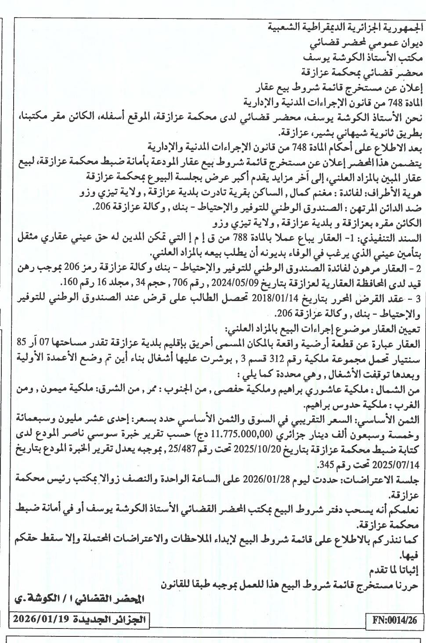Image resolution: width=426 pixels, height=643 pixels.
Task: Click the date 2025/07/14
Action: (397, 464)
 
